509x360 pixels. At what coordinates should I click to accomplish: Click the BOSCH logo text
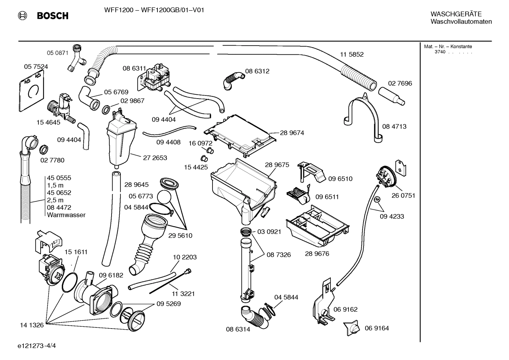pyautogui.click(x=53, y=16)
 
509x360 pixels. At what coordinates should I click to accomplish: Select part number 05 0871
pyautogui.click(x=58, y=53)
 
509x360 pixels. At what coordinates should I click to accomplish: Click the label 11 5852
pyautogui.click(x=352, y=54)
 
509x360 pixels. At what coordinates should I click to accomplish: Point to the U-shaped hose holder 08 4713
pyautogui.click(x=363, y=113)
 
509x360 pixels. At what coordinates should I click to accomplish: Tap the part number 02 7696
pyautogui.click(x=400, y=83)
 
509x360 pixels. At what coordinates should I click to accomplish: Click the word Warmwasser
pyautogui.click(x=66, y=215)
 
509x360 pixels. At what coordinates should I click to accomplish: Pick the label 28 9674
pyautogui.click(x=292, y=133)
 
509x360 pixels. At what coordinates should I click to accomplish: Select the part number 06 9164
pyautogui.click(x=377, y=328)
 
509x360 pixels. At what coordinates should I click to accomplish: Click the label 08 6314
pyautogui.click(x=238, y=329)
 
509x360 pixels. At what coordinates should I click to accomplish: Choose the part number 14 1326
pyautogui.click(x=32, y=325)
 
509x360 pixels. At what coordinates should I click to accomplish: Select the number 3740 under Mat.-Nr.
pyautogui.click(x=440, y=52)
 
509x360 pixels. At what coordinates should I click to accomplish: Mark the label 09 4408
pyautogui.click(x=168, y=142)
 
